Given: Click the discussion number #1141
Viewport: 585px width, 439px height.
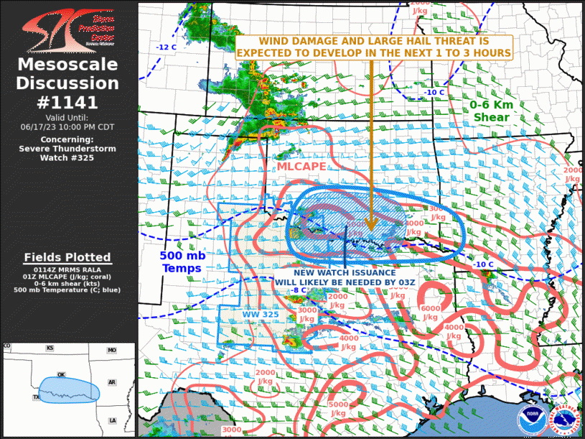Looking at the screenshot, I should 67,102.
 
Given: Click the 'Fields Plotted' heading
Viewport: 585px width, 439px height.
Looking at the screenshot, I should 67,257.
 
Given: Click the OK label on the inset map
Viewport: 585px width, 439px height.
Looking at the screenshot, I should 61,374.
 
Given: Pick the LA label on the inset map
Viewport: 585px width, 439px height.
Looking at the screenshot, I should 112,420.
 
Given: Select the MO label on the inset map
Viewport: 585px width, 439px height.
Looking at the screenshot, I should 112,350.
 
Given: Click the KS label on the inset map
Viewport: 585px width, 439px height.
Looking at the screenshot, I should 50,348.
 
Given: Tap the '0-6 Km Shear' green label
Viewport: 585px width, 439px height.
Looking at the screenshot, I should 492,111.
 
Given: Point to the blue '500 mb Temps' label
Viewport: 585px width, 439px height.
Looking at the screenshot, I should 181,261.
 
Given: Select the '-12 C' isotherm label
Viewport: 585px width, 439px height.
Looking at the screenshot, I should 167,47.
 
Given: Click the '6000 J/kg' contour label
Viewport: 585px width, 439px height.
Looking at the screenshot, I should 431,313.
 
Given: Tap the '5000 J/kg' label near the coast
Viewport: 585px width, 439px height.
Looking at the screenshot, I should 338,409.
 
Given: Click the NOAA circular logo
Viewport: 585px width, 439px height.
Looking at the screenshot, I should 532,416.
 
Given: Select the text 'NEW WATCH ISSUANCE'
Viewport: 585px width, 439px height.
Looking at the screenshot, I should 345,273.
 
